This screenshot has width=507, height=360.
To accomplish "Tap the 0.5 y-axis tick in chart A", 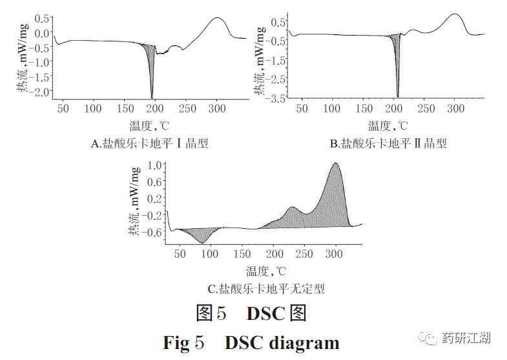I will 42,18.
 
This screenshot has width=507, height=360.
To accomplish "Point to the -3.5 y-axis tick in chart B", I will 277,98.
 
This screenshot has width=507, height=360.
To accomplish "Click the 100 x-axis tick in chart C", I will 211,253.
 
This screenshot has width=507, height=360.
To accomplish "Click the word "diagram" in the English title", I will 299,342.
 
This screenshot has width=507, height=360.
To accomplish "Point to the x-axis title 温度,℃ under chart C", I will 265,271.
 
